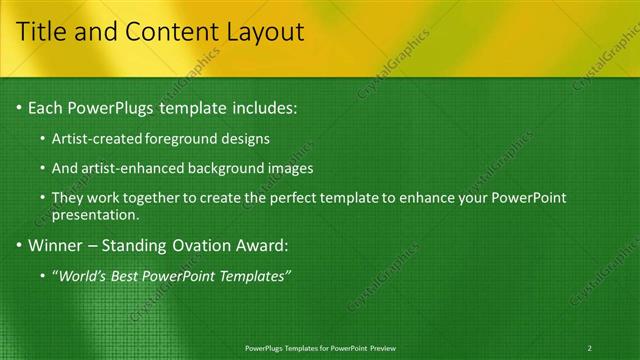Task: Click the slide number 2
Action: (x=590, y=348)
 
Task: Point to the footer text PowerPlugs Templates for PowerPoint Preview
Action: (x=320, y=348)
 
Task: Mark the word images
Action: (x=293, y=168)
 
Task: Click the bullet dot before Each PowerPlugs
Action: (x=19, y=107)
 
